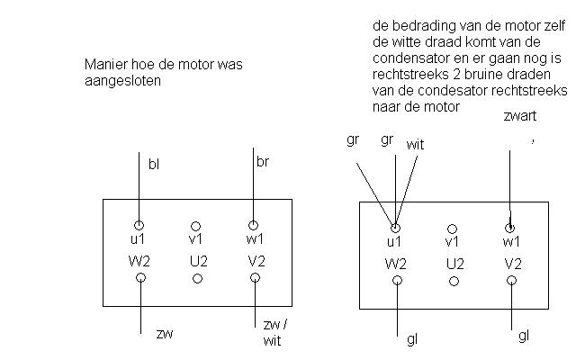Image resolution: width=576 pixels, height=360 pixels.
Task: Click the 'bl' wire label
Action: (155, 165)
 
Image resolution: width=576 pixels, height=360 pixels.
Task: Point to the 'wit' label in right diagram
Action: (416, 144)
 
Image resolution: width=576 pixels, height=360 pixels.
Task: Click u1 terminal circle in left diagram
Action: (139, 225)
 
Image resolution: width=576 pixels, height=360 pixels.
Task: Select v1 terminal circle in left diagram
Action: (196, 227)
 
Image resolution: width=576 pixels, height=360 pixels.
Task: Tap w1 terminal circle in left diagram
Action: (253, 225)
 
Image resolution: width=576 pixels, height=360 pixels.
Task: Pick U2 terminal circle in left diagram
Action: (197, 278)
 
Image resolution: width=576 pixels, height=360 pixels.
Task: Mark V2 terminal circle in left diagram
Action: (256, 278)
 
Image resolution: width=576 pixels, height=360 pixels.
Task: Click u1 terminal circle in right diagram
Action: (395, 229)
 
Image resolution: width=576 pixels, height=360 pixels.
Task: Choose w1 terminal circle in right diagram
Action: (510, 228)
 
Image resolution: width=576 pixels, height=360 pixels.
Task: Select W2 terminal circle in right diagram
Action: (397, 280)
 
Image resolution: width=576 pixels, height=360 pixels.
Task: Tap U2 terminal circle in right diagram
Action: (454, 281)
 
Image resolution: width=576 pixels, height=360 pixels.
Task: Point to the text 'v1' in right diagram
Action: (453, 243)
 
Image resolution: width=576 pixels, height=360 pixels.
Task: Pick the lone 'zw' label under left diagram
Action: (164, 334)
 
